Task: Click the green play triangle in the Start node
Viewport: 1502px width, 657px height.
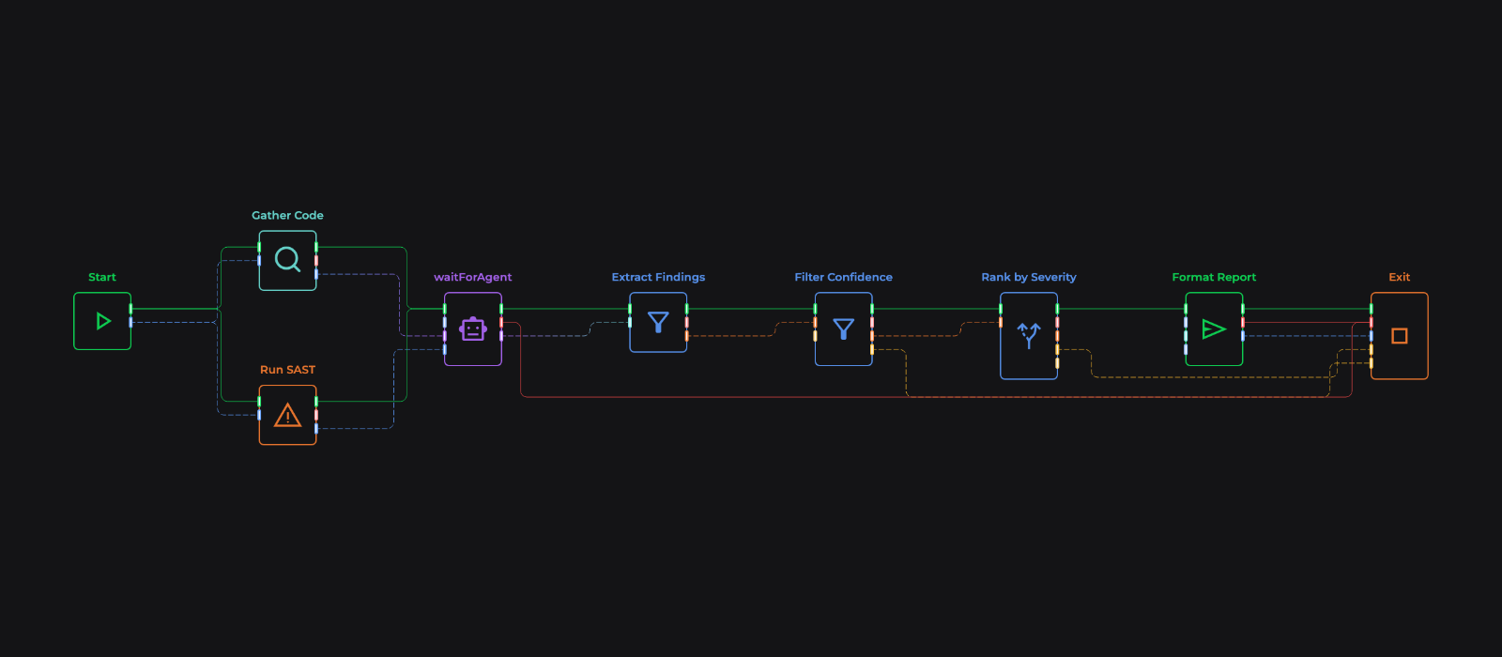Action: click(103, 321)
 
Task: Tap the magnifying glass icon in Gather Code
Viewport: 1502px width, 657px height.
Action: click(287, 259)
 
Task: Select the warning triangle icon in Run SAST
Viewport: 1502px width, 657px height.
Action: click(287, 415)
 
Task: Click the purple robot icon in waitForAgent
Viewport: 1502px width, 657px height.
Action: click(473, 329)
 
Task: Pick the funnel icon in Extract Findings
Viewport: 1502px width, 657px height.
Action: click(658, 323)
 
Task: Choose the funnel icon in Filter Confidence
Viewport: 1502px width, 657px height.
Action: click(844, 329)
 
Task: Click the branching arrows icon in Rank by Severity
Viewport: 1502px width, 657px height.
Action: click(1029, 335)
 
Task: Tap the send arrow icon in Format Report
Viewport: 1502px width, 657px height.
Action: click(1214, 329)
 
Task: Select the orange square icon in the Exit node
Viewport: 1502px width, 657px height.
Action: click(1400, 336)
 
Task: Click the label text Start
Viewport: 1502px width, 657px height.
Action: click(102, 277)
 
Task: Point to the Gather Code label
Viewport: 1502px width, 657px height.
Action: click(287, 215)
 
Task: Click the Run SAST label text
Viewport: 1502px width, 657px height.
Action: click(287, 370)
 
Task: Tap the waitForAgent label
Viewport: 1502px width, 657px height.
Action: click(473, 277)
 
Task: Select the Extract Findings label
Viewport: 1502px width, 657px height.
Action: click(658, 277)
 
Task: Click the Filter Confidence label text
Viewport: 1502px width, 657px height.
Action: click(844, 277)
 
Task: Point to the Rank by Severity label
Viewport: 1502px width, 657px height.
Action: click(1029, 277)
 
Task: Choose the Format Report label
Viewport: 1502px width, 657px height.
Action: click(1214, 277)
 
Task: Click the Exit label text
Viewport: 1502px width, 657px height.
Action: click(1400, 277)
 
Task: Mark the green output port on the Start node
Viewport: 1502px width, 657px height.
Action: click(130, 309)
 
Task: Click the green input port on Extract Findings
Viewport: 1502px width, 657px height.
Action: click(630, 309)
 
